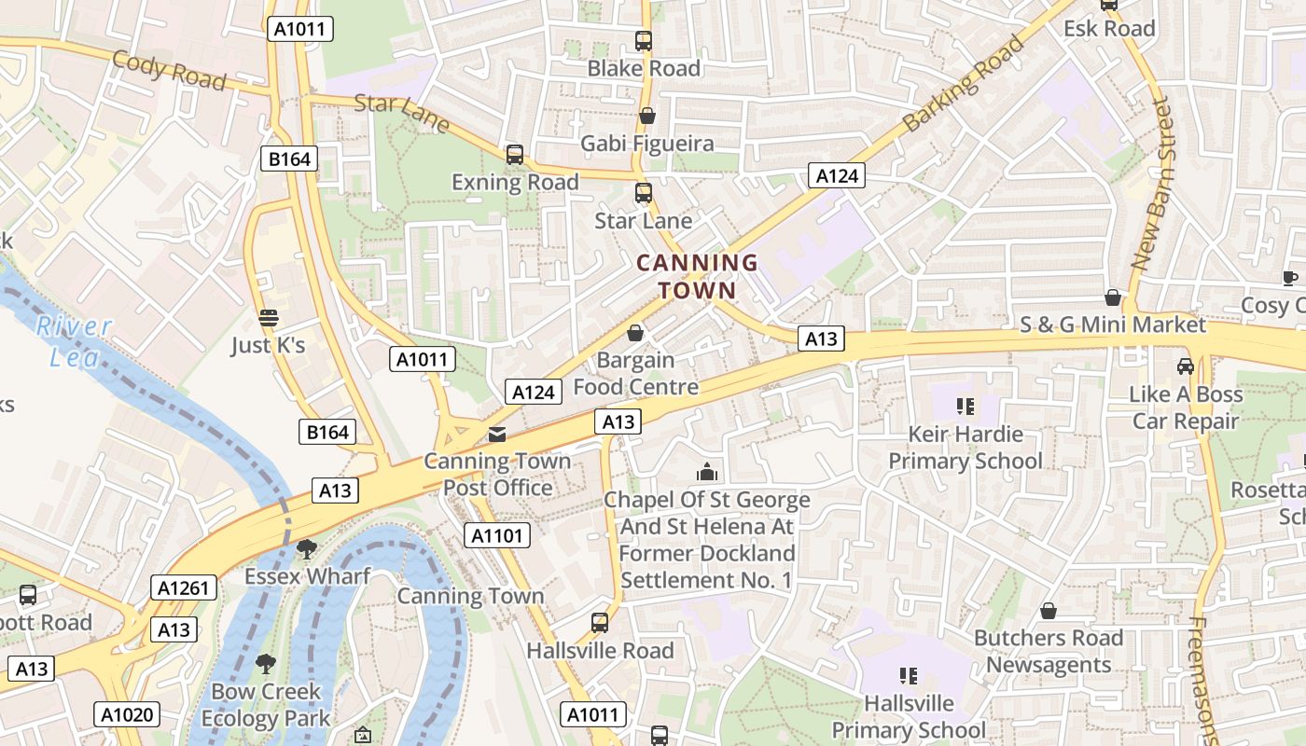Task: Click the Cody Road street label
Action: point(169,71)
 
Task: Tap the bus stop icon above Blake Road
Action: point(644,41)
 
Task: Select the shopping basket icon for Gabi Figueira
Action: point(646,116)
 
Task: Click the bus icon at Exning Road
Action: point(514,155)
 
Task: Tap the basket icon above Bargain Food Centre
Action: point(635,333)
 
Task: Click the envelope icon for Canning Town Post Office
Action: point(497,434)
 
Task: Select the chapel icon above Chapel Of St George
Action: point(707,472)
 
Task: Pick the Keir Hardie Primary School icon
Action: point(965,407)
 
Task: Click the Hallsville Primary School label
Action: point(909,716)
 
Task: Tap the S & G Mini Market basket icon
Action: point(1112,297)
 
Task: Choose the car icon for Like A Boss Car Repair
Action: point(1185,366)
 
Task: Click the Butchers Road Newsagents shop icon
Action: point(1049,611)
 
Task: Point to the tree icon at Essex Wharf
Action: point(307,548)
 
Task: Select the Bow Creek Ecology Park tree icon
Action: point(266,664)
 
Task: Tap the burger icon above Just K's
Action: point(269,318)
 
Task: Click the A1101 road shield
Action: point(497,535)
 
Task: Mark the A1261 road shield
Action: point(184,587)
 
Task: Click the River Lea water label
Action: point(74,341)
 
